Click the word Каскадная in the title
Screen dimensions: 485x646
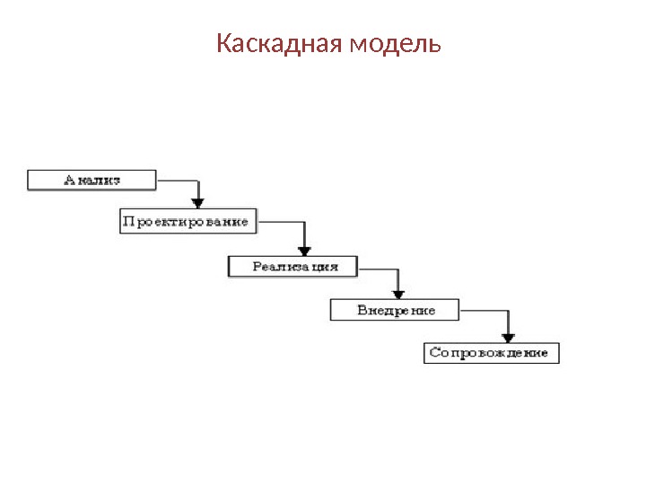[x=274, y=43]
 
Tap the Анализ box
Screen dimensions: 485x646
[x=92, y=180]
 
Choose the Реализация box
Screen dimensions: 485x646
[x=293, y=267]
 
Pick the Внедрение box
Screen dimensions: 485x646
[x=395, y=310]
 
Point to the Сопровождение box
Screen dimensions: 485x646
[x=491, y=353]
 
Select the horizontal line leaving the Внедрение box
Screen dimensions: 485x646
[x=484, y=310]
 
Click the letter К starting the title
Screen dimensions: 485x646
[x=223, y=43]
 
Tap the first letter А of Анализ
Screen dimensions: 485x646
[x=69, y=180]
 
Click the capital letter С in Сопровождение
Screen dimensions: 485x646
[x=434, y=353]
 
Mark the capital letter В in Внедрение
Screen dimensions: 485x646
[x=362, y=310]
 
